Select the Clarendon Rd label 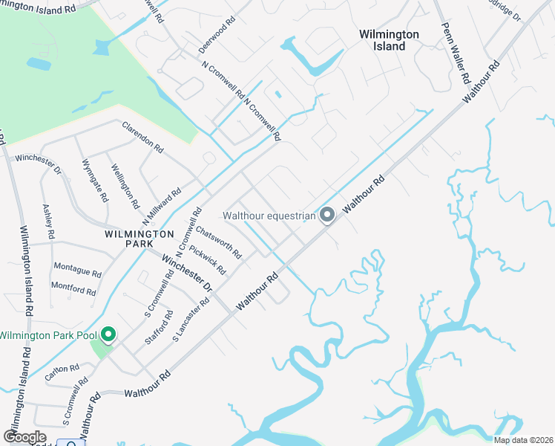pos(142,138)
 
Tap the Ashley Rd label pos(48,222)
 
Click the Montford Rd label pos(73,288)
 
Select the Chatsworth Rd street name pos(218,243)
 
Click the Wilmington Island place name pos(389,40)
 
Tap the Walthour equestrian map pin pos(327,216)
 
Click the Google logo pos(25,437)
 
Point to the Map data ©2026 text pos(523,440)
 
